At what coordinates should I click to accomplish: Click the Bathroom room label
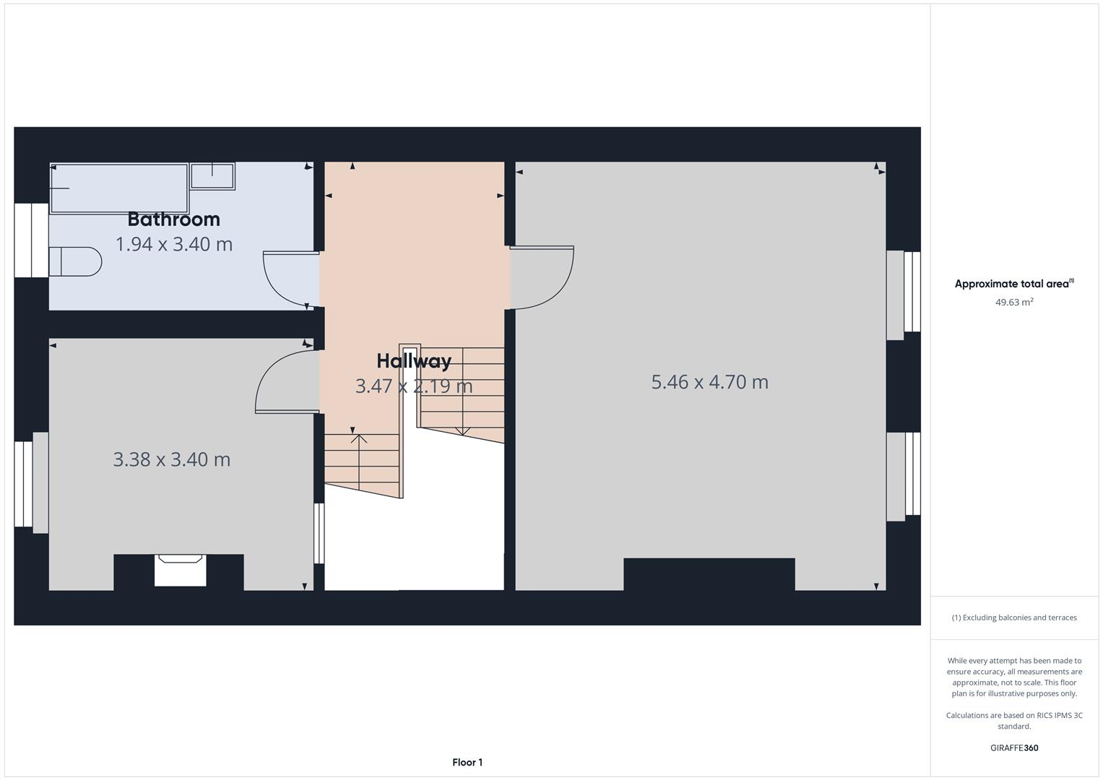[173, 219]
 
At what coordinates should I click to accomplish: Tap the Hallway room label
[414, 361]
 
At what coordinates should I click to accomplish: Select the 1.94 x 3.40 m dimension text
[174, 244]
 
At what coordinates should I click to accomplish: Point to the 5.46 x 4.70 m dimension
[709, 382]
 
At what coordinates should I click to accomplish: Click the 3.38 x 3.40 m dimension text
[172, 459]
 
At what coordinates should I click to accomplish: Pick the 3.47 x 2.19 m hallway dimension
[414, 386]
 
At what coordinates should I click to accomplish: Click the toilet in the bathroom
[74, 261]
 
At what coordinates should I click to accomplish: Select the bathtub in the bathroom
[119, 188]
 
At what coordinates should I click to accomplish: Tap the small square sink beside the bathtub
[212, 176]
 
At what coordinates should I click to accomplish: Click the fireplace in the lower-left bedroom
[180, 569]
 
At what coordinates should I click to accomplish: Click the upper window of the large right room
[903, 295]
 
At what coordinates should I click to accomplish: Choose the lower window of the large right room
[903, 476]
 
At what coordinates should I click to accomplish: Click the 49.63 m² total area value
[1013, 303]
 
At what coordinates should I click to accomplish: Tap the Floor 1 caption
[467, 763]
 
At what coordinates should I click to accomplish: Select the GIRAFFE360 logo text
[1013, 748]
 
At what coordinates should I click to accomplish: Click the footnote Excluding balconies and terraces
[1013, 617]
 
